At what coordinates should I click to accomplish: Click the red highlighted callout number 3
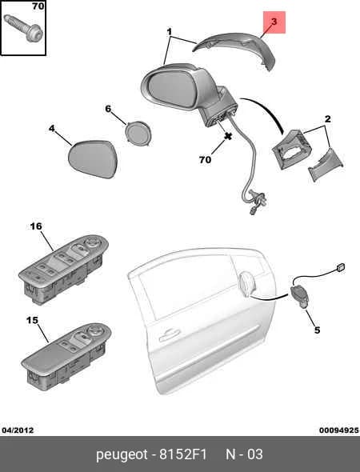pyautogui.click(x=274, y=22)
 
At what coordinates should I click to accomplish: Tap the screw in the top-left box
pyautogui.click(x=23, y=27)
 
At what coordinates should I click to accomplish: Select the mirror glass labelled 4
pyautogui.click(x=92, y=158)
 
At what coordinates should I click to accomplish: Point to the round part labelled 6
pyautogui.click(x=138, y=134)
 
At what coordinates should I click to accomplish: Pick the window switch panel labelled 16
pyautogui.click(x=62, y=269)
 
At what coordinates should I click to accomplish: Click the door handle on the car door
pyautogui.click(x=169, y=335)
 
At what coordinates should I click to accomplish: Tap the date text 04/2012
pyautogui.click(x=18, y=430)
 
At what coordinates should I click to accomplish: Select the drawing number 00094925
pyautogui.click(x=339, y=430)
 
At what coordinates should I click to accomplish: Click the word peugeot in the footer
pyautogui.click(x=122, y=454)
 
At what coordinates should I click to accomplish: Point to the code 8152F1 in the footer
pyautogui.click(x=183, y=454)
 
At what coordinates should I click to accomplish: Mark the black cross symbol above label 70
pyautogui.click(x=228, y=136)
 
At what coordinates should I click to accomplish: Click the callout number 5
pyautogui.click(x=318, y=330)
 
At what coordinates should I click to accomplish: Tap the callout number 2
pyautogui.click(x=327, y=119)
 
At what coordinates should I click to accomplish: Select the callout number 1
pyautogui.click(x=170, y=32)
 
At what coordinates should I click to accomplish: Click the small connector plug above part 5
pyautogui.click(x=340, y=267)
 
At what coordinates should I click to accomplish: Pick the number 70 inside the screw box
pyautogui.click(x=38, y=6)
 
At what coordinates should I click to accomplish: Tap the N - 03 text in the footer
pyautogui.click(x=244, y=454)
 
